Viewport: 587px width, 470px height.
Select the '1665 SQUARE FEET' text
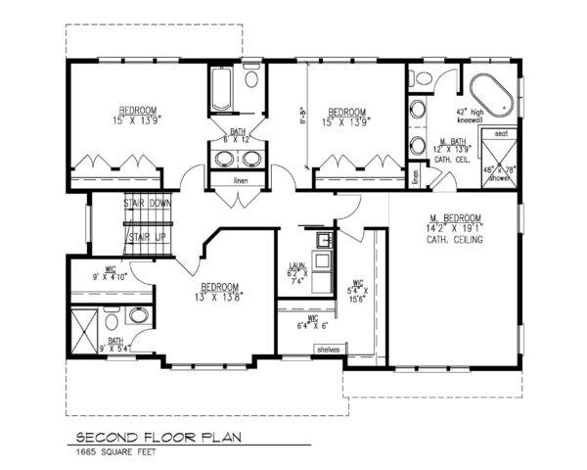[x=113, y=452]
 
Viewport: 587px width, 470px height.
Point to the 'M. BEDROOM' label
[x=454, y=217]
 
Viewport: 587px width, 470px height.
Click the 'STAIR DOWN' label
[x=148, y=204]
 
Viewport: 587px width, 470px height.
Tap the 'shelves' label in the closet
[x=326, y=349]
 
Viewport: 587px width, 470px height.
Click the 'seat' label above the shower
[x=500, y=133]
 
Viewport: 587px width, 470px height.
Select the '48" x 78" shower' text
[x=500, y=174]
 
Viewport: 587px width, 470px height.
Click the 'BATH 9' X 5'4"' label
[x=108, y=343]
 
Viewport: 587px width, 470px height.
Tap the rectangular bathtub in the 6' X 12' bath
[x=219, y=90]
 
